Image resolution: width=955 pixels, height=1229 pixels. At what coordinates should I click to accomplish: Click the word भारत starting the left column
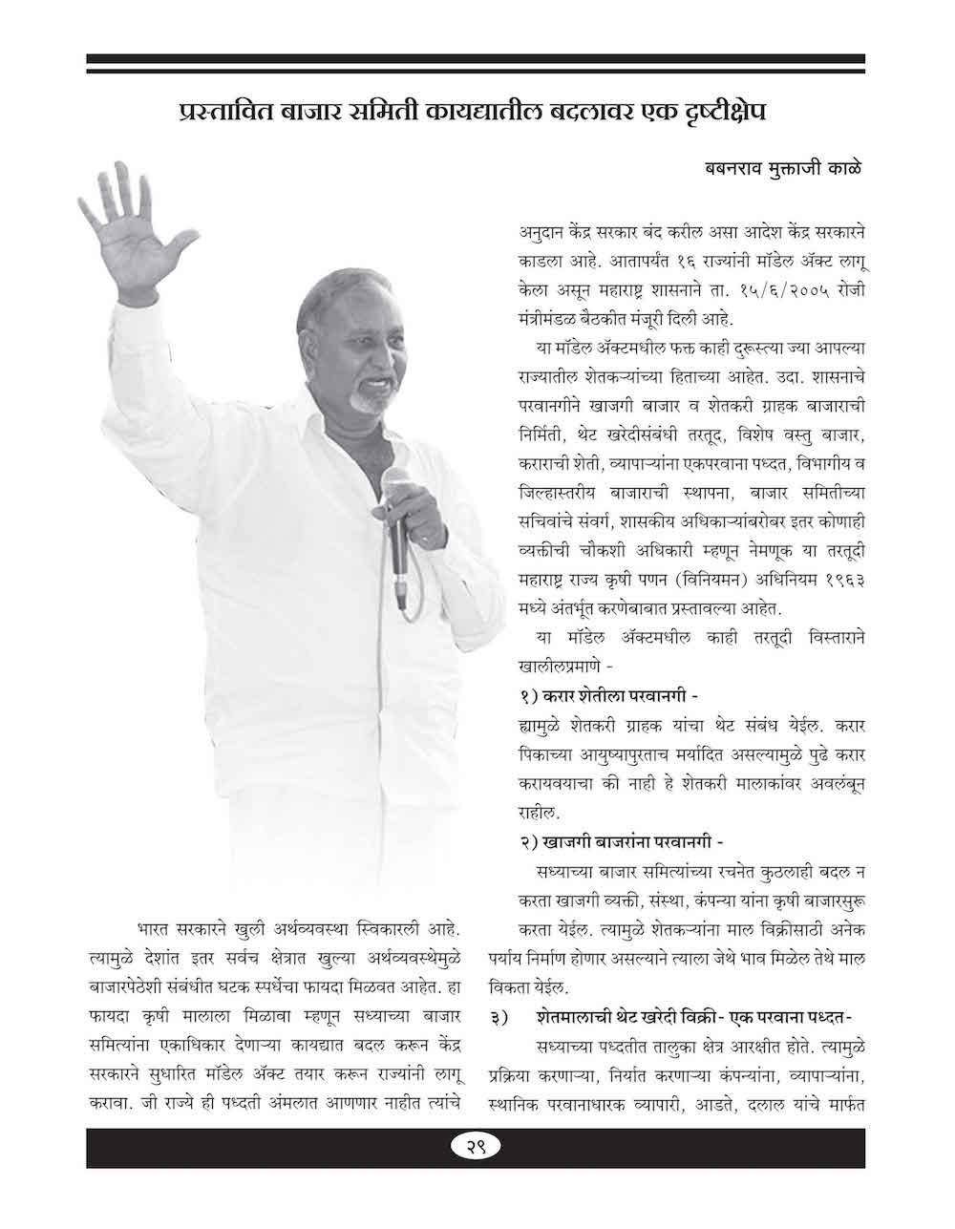click(158, 928)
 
